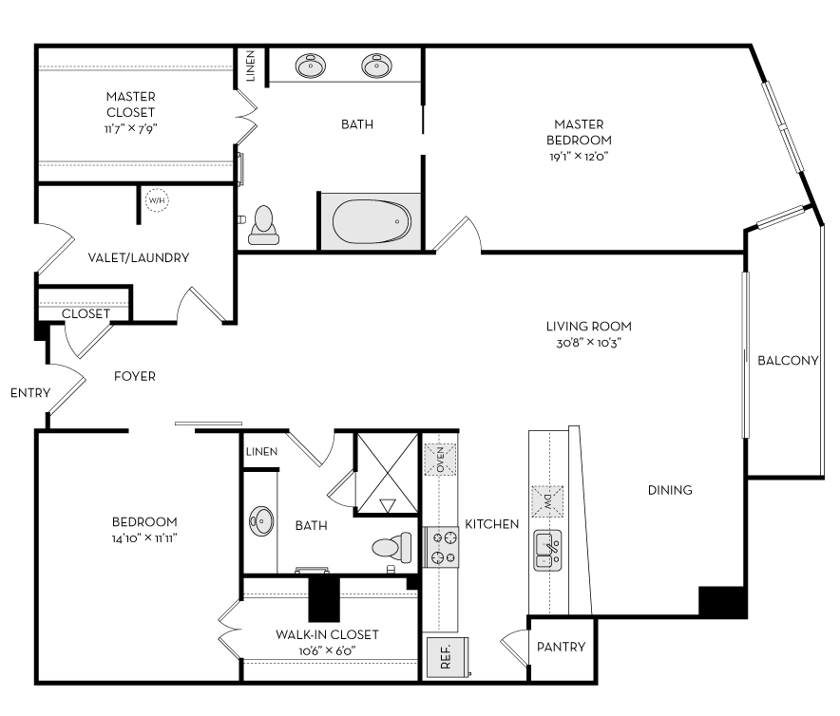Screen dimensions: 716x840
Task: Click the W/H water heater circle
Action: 156,201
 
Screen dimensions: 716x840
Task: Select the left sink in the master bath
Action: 310,66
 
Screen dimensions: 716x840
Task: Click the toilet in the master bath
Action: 262,223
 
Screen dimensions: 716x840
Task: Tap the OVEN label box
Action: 441,460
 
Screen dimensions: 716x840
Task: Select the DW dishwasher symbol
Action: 547,499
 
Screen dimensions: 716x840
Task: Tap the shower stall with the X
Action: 386,474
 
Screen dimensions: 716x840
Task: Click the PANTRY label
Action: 561,648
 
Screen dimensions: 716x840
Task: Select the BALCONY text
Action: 787,360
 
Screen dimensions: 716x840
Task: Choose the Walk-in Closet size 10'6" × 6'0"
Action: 327,651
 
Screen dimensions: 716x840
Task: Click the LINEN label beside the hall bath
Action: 261,451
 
